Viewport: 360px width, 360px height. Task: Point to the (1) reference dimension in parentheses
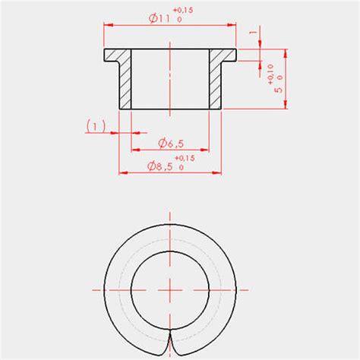pos(95,125)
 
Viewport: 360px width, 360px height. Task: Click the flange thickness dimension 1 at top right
pos(253,35)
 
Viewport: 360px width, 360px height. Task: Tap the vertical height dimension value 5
pos(280,89)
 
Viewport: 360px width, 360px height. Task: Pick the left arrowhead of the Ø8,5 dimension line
pos(121,172)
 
